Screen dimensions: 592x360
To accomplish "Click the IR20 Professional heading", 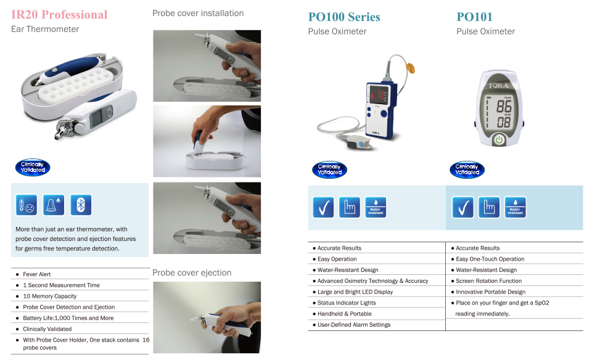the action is pos(59,15).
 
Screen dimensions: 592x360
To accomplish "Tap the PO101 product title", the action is pos(474,17).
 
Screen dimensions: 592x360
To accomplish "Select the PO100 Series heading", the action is pos(344,17).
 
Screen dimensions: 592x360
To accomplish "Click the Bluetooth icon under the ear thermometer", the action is pos(81,205).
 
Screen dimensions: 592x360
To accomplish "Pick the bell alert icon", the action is pos(53,205).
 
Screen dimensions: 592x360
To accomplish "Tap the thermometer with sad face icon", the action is pos(27,205).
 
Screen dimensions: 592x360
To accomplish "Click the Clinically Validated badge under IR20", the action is pos(33,167).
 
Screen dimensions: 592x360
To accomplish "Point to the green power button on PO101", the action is pos(499,139).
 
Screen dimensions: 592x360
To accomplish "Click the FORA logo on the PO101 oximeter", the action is pos(499,86).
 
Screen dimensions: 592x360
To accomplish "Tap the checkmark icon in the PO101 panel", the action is pos(463,207).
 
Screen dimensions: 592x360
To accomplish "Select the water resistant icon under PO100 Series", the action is pos(376,207).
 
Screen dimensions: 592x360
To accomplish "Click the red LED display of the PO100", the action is pos(377,95).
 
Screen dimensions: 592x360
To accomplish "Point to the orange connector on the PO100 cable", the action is pos(411,68).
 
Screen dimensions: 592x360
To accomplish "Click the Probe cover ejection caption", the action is pos(192,273).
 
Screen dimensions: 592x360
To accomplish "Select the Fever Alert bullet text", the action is pos(36,274).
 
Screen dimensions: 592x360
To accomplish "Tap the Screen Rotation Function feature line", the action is pos(488,280).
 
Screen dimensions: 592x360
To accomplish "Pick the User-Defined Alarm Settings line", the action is pos(354,324).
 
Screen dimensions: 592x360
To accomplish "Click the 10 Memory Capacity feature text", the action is pos(50,297).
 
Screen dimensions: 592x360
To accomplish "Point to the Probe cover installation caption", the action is pos(198,13).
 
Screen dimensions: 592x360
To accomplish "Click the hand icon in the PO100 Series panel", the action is pos(350,207).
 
